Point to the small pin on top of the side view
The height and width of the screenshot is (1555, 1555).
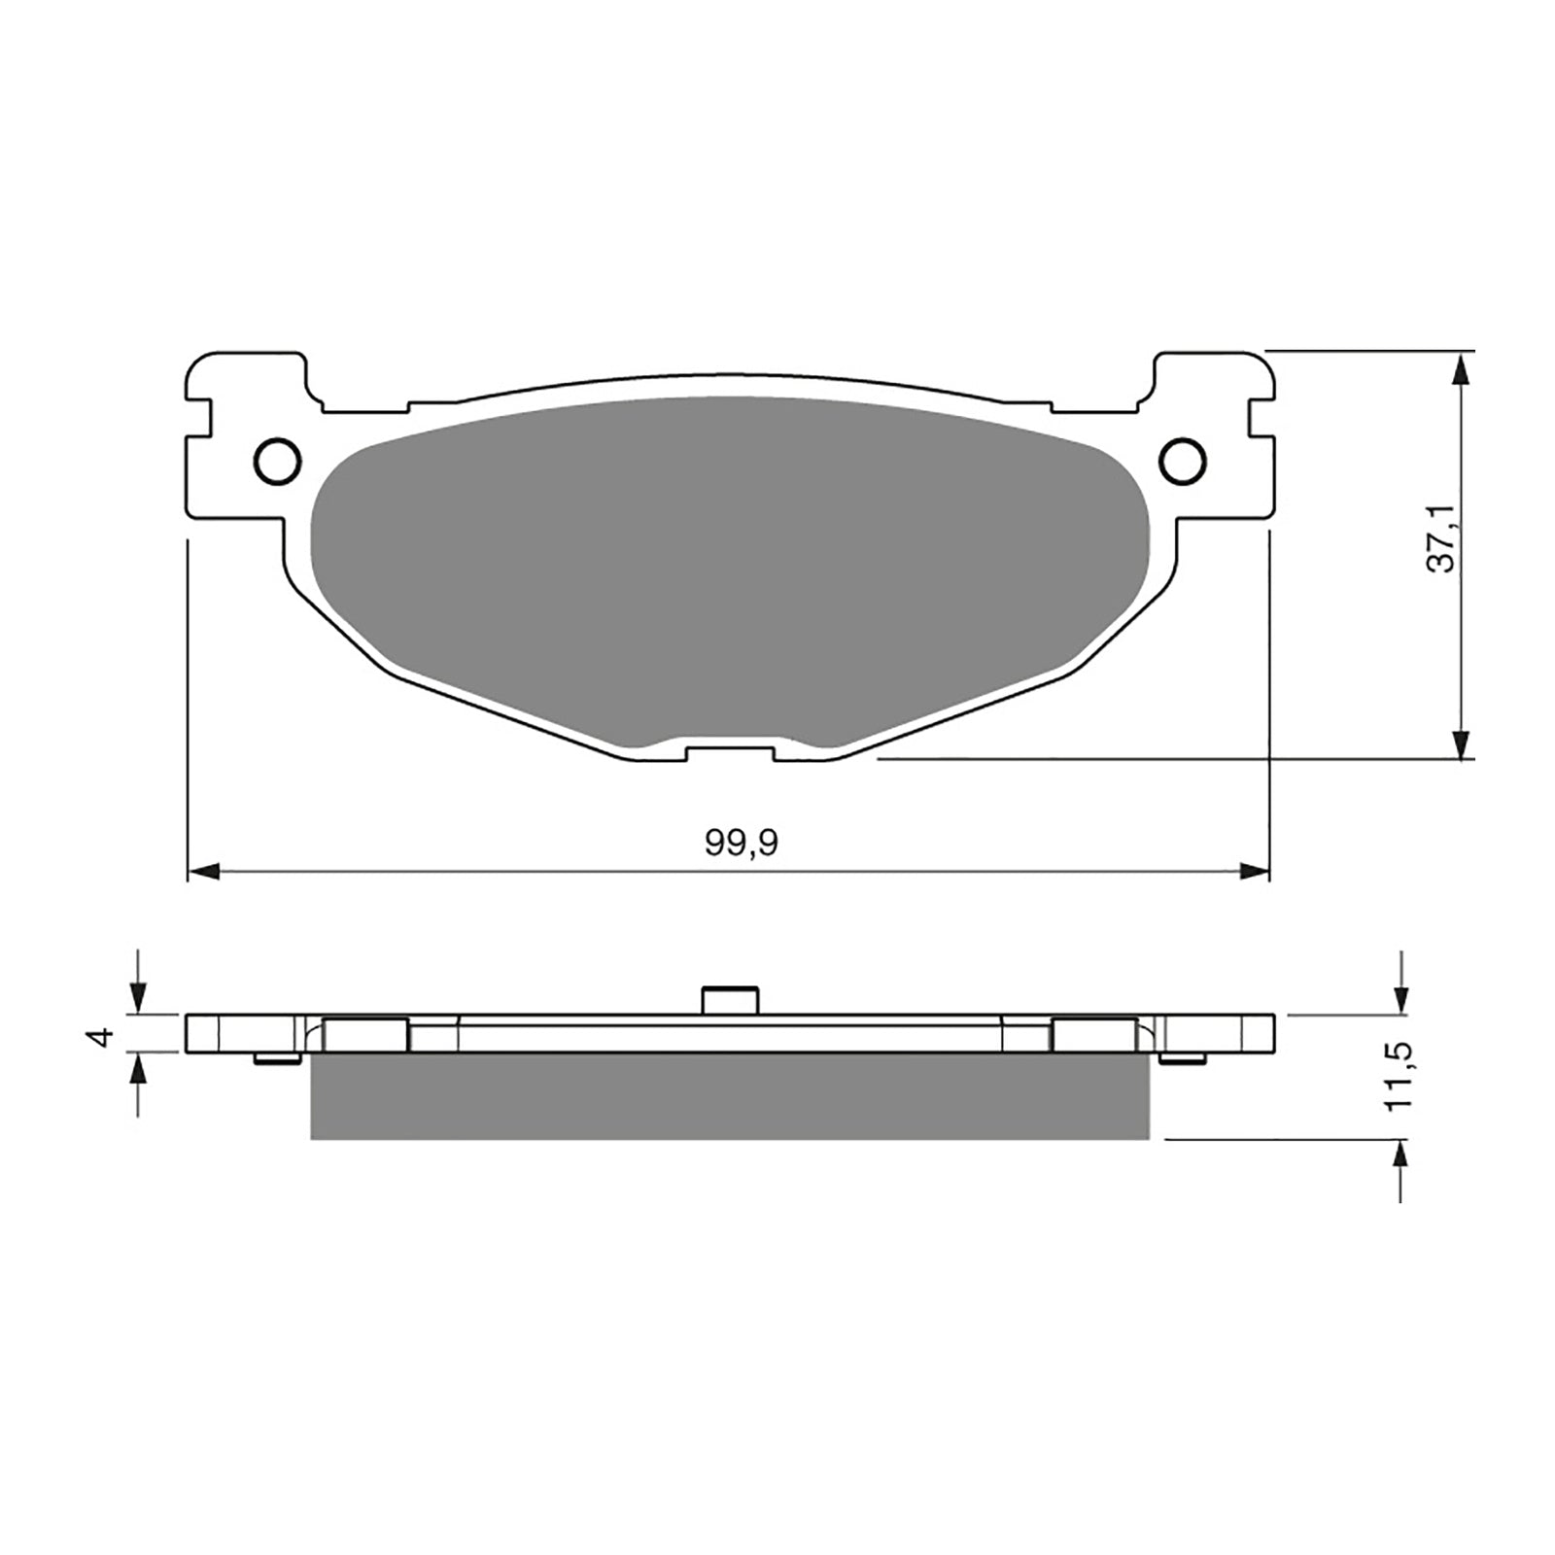coord(730,999)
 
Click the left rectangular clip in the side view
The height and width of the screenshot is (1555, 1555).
coord(364,1034)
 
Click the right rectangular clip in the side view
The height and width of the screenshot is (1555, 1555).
coord(1094,1034)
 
